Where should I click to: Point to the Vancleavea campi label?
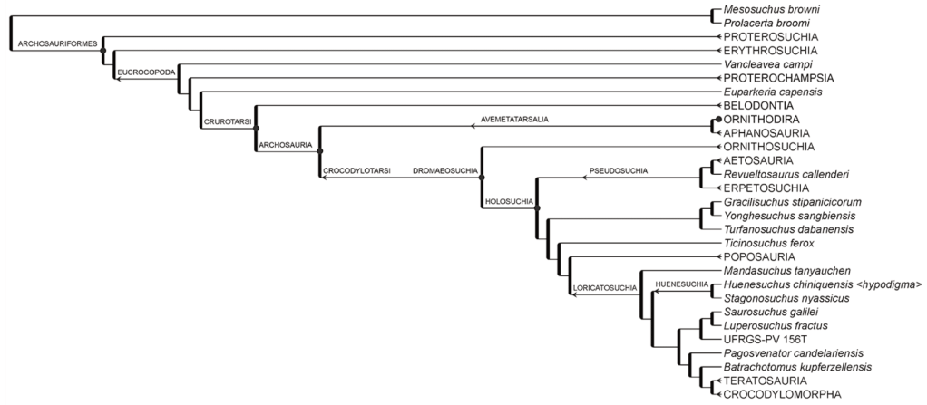[x=767, y=64]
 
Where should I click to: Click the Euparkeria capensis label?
[x=772, y=92]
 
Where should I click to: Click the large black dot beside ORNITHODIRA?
[x=718, y=120]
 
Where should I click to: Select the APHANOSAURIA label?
[x=766, y=133]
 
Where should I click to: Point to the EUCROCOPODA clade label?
[x=145, y=71]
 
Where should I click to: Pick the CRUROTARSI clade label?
[x=225, y=120]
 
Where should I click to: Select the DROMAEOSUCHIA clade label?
[x=444, y=170]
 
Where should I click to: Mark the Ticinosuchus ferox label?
[x=768, y=243]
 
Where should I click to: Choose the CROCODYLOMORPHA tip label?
[x=782, y=394]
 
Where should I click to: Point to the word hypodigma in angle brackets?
[x=890, y=284]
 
